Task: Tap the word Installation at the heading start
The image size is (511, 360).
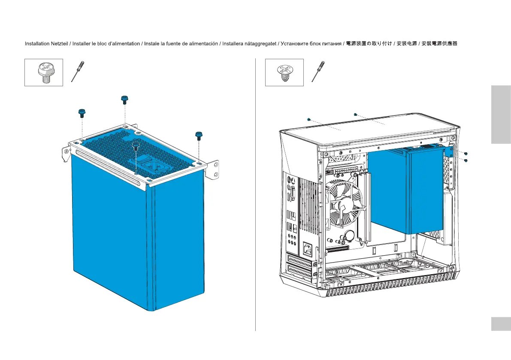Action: (36, 44)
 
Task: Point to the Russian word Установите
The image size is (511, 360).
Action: (294, 44)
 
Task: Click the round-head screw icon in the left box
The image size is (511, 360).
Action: (43, 73)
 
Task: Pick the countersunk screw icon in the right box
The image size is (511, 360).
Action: (284, 73)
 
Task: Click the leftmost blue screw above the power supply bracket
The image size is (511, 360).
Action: (82, 113)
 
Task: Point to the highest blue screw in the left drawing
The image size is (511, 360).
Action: (124, 100)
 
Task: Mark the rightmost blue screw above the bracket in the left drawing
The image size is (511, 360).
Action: (199, 136)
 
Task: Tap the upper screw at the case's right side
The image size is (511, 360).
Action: (466, 154)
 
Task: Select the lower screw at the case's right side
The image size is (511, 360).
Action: (466, 160)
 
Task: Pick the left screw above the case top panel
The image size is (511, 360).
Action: (308, 119)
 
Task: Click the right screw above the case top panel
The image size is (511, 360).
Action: (355, 115)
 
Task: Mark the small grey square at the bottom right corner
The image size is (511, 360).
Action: (501, 324)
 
